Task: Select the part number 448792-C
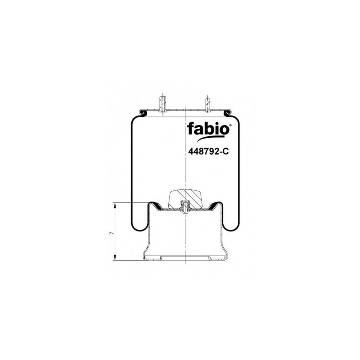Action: (208, 151)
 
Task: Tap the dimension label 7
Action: (112, 233)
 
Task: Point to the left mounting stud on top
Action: (162, 104)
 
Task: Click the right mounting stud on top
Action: (207, 105)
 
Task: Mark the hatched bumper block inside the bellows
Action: (185, 199)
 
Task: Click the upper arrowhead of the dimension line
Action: (115, 206)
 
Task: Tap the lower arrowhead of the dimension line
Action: (115, 257)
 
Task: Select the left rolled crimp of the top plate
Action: (143, 113)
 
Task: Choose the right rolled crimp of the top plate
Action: (228, 113)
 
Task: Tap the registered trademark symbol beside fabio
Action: (230, 126)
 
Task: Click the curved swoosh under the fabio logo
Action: (210, 139)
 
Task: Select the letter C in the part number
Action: (226, 151)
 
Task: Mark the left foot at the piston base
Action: (153, 258)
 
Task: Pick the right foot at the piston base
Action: (218, 258)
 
